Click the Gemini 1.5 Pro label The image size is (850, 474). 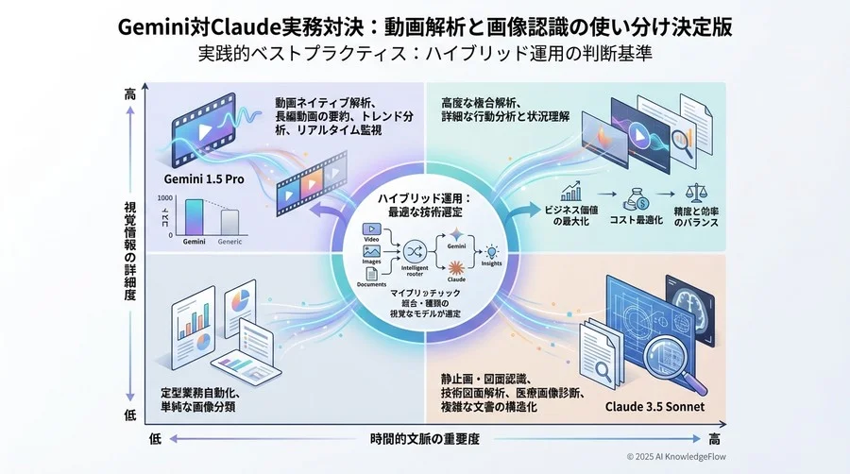(x=203, y=179)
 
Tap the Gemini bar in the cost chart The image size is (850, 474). (x=193, y=216)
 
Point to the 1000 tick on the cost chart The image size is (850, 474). (x=164, y=197)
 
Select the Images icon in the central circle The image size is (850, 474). (x=371, y=252)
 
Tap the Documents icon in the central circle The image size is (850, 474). (x=371, y=274)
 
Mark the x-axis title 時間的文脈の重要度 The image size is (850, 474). (x=425, y=439)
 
